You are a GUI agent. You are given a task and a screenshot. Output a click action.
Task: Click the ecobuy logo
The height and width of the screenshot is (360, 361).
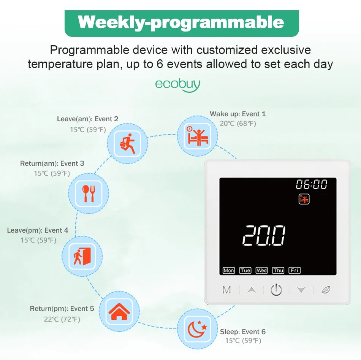[x=177, y=84]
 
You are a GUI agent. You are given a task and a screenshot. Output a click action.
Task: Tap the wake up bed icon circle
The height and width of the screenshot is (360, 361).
[x=197, y=136]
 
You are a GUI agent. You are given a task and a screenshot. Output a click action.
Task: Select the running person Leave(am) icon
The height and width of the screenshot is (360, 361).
[x=127, y=143]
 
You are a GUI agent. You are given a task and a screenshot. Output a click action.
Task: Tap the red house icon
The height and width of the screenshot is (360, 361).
[x=119, y=311]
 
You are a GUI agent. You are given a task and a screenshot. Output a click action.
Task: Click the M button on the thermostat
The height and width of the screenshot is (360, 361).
[x=226, y=290]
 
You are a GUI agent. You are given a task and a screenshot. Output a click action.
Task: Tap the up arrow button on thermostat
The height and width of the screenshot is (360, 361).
[x=251, y=290]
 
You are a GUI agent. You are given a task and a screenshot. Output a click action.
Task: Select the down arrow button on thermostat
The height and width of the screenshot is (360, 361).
[x=301, y=290]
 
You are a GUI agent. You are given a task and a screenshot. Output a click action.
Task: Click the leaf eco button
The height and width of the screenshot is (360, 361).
[x=326, y=290]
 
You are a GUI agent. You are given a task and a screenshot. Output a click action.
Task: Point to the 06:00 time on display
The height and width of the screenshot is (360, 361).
[x=312, y=185]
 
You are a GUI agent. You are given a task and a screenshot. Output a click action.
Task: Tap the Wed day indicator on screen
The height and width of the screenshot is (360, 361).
[x=261, y=270]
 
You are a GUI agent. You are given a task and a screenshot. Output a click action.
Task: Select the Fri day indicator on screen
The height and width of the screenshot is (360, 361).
[x=294, y=270]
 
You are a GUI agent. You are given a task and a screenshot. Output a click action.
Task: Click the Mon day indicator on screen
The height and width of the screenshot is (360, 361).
[x=228, y=270]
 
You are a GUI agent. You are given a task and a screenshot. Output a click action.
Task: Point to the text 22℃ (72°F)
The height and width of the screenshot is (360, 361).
[x=62, y=319]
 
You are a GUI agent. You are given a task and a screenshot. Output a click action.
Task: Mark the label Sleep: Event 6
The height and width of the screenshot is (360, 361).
[x=243, y=332]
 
